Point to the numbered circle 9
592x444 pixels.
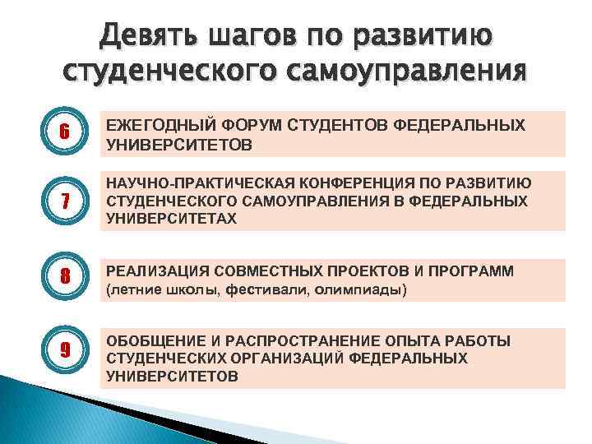(62, 349)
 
